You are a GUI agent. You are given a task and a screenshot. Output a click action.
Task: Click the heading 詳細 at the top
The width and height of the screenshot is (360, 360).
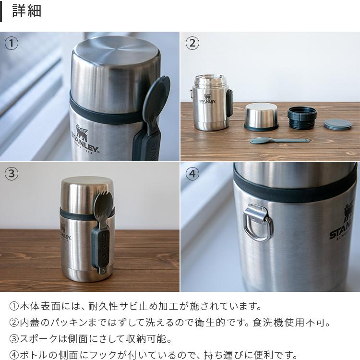(x=26, y=11)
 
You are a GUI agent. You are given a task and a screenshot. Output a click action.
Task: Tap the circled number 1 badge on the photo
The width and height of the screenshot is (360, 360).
(x=12, y=43)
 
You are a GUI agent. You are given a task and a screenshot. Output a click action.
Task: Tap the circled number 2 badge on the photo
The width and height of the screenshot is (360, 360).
(x=192, y=43)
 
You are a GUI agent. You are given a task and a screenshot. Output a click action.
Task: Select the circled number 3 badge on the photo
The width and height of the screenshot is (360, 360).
(x=12, y=174)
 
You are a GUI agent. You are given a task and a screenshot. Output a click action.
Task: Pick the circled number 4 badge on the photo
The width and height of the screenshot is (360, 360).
(x=192, y=174)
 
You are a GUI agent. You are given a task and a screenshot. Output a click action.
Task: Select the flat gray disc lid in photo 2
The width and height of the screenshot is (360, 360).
(x=338, y=124)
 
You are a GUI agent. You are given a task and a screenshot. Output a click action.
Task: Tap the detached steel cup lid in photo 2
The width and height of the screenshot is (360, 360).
(x=261, y=117)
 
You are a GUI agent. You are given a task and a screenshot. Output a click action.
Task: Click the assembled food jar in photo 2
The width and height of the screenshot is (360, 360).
(x=211, y=102)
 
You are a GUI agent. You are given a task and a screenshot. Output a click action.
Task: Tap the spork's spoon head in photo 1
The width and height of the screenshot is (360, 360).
(x=157, y=98)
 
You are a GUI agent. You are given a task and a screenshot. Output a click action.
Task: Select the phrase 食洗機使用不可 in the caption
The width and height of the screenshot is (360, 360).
(x=293, y=323)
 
